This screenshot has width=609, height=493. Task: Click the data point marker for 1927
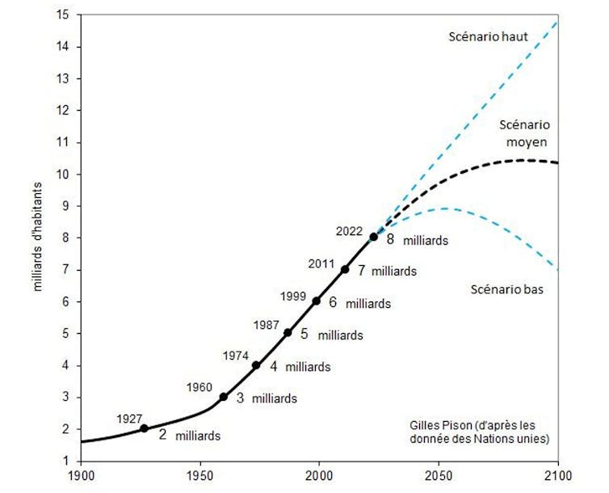click(x=145, y=428)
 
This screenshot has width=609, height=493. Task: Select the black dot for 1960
click(x=224, y=397)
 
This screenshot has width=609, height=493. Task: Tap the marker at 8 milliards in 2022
click(x=373, y=237)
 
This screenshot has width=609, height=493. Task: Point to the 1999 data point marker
click(x=317, y=301)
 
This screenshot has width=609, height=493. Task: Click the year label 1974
click(x=235, y=354)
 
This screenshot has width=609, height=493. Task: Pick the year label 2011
click(x=321, y=263)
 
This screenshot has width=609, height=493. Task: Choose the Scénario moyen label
click(x=525, y=133)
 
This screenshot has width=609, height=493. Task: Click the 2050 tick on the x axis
click(x=439, y=475)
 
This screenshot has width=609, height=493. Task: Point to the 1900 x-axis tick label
click(x=81, y=475)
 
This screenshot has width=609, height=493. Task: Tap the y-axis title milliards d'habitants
click(x=37, y=238)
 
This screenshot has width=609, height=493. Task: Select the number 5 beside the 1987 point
click(x=304, y=333)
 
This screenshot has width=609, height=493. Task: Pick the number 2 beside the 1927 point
click(x=162, y=435)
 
